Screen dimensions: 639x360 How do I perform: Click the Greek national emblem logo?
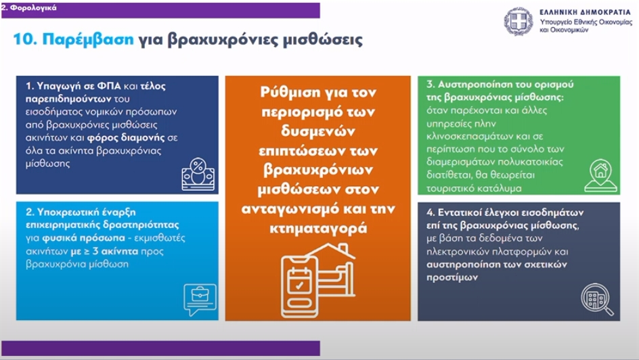(519, 22)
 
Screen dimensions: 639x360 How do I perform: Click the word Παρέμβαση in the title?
(87, 39)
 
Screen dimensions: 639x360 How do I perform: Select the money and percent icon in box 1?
(198, 174)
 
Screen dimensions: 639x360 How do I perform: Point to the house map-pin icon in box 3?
(600, 176)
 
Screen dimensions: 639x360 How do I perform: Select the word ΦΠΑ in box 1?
(109, 86)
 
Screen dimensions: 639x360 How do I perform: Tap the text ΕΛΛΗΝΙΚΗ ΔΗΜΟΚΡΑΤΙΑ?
(585, 12)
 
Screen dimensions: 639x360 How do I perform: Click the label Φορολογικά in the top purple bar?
(33, 7)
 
